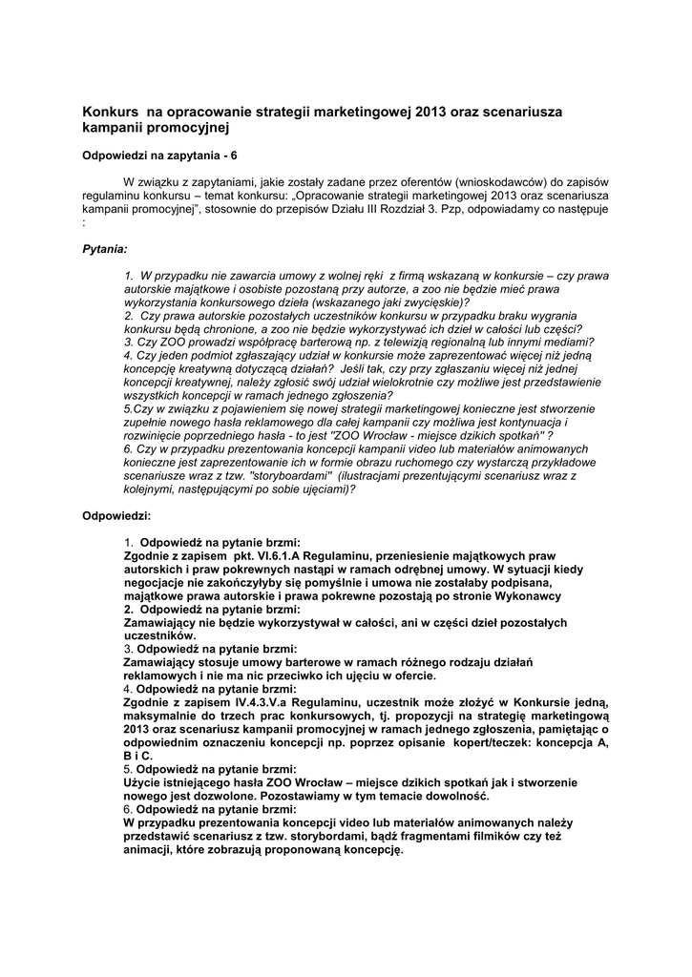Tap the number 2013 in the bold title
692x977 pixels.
432,112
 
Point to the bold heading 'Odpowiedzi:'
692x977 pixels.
116,515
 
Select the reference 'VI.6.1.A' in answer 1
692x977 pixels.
297,554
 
